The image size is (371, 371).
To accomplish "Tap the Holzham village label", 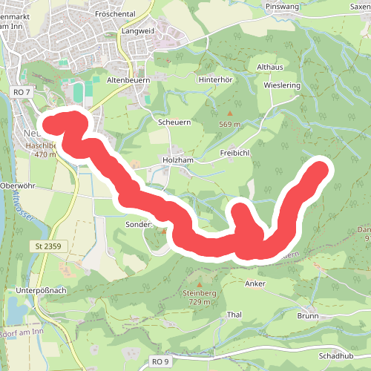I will pos(177,160).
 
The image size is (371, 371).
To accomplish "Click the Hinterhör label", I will pos(216,79).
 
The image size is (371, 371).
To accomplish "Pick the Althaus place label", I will pos(270,66).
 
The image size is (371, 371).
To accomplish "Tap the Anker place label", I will pos(255,283).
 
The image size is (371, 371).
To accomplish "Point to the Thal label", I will pos(234,315).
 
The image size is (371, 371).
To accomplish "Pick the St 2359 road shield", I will pos(47,246).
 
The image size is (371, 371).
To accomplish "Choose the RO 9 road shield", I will pos(157,361).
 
